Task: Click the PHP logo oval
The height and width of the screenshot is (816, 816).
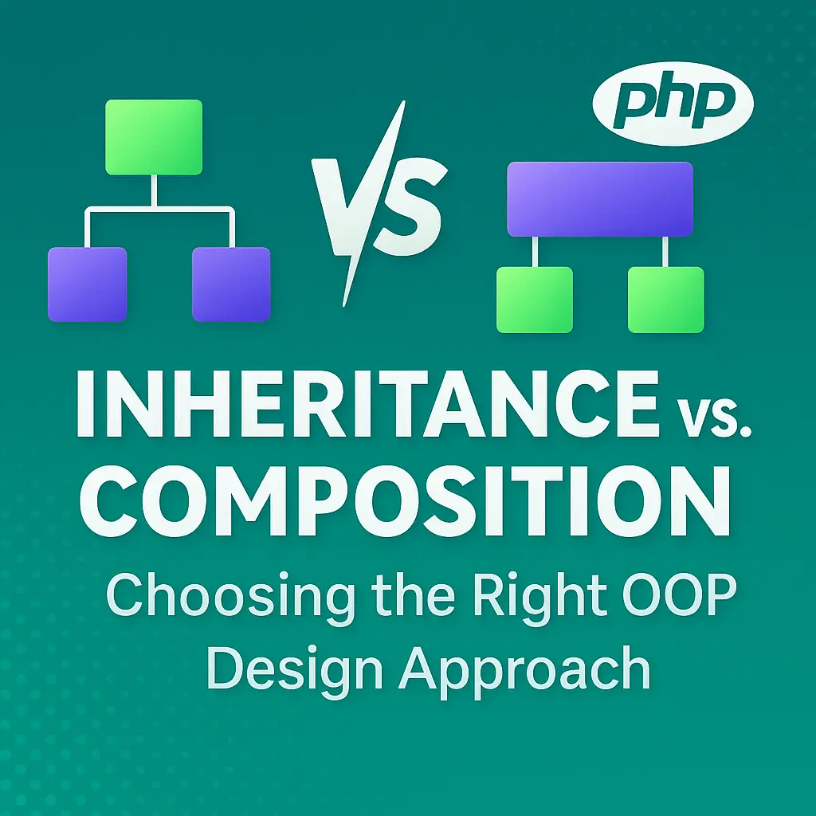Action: pyautogui.click(x=674, y=104)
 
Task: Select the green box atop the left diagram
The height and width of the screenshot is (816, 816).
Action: pyautogui.click(x=154, y=136)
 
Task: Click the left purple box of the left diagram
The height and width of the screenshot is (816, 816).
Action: pyautogui.click(x=87, y=284)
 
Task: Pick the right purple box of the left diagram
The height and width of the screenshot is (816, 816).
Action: pyautogui.click(x=231, y=284)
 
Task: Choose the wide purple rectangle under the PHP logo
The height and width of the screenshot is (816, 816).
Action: pyautogui.click(x=600, y=198)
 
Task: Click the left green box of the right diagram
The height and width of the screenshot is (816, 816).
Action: pyautogui.click(x=534, y=299)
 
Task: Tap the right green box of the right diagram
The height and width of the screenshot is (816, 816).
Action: pyautogui.click(x=665, y=299)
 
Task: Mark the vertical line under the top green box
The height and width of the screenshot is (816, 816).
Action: pyautogui.click(x=154, y=191)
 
